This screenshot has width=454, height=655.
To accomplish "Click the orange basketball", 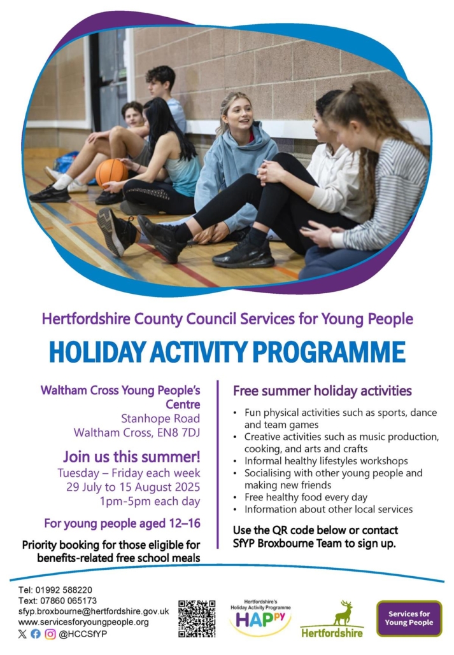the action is point(111,172).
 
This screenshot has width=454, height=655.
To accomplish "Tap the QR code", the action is point(197,619).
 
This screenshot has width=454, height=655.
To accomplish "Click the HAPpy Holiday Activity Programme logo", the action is point(260,618).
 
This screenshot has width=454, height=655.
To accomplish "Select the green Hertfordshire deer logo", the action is point(332,619).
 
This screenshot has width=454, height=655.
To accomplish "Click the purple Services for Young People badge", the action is point(409,618).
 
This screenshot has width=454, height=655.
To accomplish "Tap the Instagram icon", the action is point(50,633).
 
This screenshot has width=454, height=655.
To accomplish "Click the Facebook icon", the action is point(36,633).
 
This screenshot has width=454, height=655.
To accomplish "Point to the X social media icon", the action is point(22,633).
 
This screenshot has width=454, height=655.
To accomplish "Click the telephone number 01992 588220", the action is point(64,590).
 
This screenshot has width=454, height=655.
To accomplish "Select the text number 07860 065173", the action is point(68,601).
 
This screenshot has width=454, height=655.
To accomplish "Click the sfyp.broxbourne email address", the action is point(94,612).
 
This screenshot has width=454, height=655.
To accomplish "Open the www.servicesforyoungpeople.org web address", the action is point(83,623).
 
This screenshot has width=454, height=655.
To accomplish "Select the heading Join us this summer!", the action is point(132,457).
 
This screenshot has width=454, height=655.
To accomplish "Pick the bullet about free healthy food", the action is point(306,497).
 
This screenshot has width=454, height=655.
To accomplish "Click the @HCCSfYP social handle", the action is point(83,633).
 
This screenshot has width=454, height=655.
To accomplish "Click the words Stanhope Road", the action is point(160,418).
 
